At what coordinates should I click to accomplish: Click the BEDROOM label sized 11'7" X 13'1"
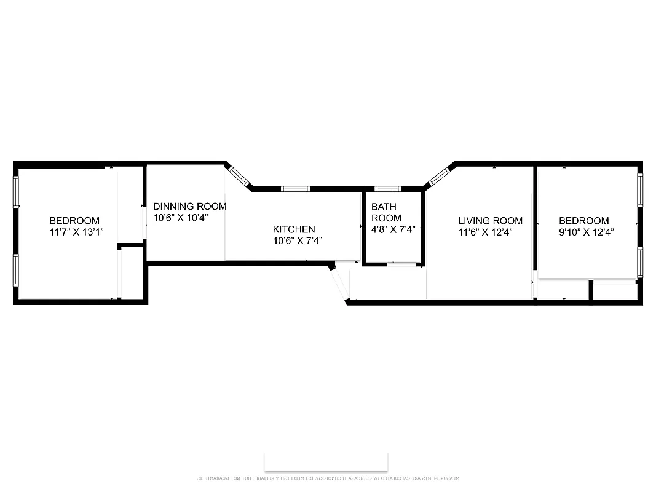pyautogui.click(x=74, y=221)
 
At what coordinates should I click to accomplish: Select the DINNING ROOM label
pyautogui.click(x=189, y=207)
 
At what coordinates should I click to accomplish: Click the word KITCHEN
pyautogui.click(x=294, y=229)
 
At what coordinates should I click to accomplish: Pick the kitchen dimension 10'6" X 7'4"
pyautogui.click(x=298, y=241)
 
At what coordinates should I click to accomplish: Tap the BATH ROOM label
pyautogui.click(x=386, y=213)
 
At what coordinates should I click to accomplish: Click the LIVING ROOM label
pyautogui.click(x=490, y=221)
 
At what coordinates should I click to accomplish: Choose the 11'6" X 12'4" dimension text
pyautogui.click(x=485, y=232)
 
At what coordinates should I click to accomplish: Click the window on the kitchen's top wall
pyautogui.click(x=294, y=189)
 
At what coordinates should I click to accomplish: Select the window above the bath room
pyautogui.click(x=387, y=189)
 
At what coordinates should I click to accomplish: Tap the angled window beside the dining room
pyautogui.click(x=239, y=175)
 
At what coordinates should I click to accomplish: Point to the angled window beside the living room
pyautogui.click(x=438, y=177)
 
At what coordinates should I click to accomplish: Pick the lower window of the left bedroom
pyautogui.click(x=17, y=271)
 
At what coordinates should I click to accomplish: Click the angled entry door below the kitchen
pyautogui.click(x=339, y=282)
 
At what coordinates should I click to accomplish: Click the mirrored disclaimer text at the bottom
pyautogui.click(x=328, y=478)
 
